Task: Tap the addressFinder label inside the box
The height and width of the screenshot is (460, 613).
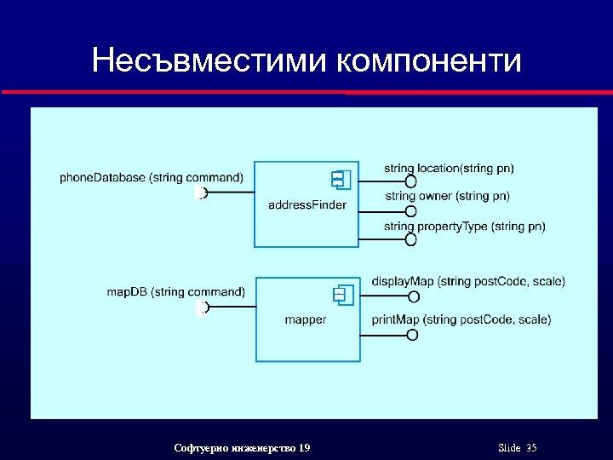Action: [307, 205]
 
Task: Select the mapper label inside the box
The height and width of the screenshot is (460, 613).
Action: [306, 320]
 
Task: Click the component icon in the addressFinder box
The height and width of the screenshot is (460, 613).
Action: [341, 180]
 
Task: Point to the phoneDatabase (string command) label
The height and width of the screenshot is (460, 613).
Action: [152, 177]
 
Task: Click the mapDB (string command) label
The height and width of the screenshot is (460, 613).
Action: [176, 292]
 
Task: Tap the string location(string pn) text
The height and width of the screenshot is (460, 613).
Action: [449, 169]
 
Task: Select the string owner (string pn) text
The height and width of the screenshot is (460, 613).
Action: [448, 196]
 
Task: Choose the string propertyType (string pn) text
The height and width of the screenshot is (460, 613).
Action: [464, 226]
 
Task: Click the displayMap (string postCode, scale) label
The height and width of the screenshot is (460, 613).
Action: [468, 282]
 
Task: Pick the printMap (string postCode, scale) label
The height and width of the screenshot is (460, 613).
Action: [461, 319]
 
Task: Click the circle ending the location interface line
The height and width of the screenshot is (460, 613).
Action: [411, 181]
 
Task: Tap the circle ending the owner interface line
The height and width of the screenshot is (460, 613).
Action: [411, 210]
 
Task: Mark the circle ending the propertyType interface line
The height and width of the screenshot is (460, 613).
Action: [411, 239]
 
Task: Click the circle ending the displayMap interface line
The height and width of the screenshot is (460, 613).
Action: [413, 296]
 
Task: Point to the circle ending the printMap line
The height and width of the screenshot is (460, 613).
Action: [413, 334]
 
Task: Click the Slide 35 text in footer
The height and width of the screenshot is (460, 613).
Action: [517, 448]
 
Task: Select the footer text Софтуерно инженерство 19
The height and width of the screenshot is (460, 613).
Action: [242, 448]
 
